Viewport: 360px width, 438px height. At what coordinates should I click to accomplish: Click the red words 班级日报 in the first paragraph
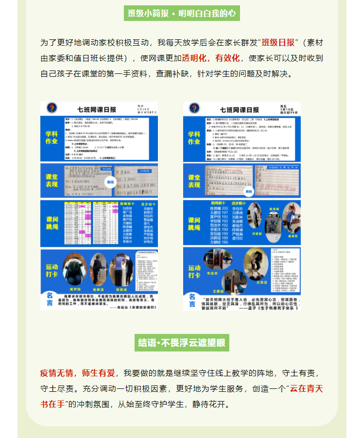tap(278, 42)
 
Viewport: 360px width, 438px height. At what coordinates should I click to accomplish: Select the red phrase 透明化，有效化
tap(211, 58)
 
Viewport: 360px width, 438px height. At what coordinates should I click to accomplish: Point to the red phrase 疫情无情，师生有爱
tap(78, 373)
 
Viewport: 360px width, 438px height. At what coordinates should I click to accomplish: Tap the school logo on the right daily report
tap(194, 108)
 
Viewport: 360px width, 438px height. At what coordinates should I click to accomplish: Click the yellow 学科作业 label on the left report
tap(51, 138)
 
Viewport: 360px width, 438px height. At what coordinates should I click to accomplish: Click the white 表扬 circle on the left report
tap(110, 182)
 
